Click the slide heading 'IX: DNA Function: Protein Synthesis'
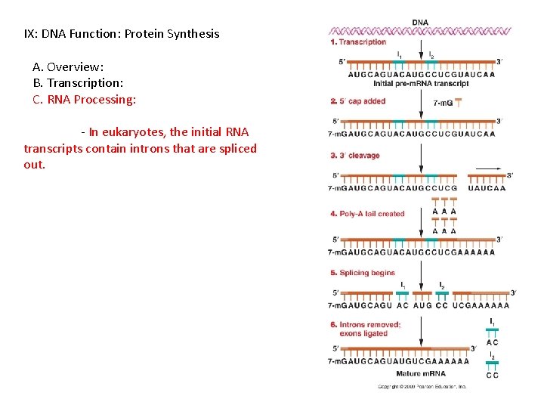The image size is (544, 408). click(x=122, y=34)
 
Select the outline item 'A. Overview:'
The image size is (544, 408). click(x=68, y=66)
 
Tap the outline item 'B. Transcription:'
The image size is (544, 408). click(x=78, y=83)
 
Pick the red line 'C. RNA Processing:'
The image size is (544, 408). click(x=85, y=100)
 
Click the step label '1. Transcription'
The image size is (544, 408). click(x=358, y=42)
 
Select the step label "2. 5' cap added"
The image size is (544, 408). click(x=358, y=101)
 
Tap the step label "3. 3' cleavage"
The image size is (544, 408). click(x=354, y=156)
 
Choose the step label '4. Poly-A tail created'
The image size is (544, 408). click(x=367, y=214)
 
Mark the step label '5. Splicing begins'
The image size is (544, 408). click(x=362, y=273)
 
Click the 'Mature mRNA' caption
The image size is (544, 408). click(x=421, y=373)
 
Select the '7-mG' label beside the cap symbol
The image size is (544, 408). click(x=443, y=104)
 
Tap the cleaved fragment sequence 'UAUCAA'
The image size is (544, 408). click(x=487, y=188)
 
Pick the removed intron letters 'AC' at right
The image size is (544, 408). click(x=492, y=342)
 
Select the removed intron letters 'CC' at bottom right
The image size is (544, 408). click(x=492, y=375)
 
